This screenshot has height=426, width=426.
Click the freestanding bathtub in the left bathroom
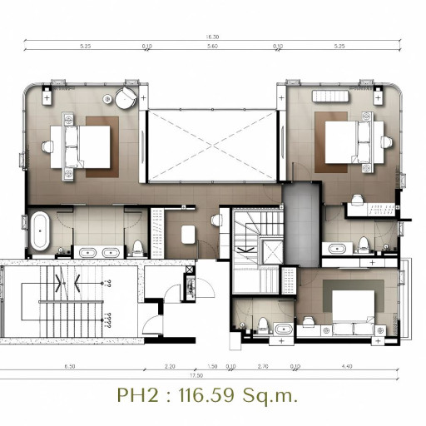tap(39, 231)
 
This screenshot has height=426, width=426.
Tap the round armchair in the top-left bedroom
tap(125, 97)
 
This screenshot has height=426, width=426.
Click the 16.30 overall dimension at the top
tap(212, 37)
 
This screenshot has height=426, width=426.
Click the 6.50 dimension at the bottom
tap(69, 366)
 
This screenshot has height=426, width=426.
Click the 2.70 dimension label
tap(263, 366)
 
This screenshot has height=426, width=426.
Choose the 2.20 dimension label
tap(170, 366)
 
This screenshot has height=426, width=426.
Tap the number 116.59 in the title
tap(222, 394)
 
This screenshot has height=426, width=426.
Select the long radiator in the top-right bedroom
tap(334, 97)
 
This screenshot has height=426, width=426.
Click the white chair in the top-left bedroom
tap(47, 146)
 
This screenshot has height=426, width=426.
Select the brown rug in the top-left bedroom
tap(98, 146)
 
